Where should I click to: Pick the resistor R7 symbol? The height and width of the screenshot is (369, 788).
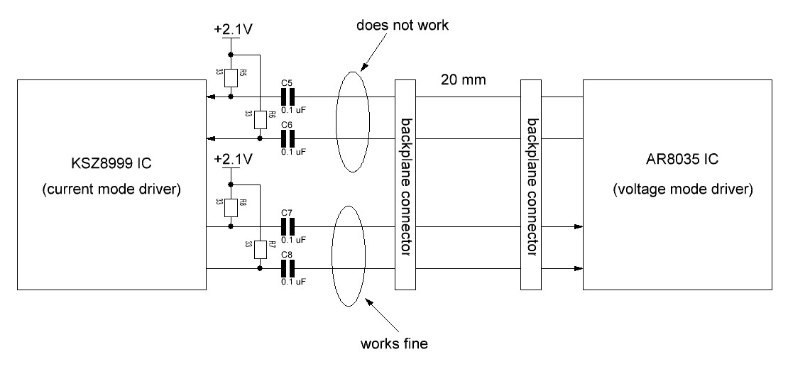coord(261,250)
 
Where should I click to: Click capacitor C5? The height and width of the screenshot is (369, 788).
coord(288,97)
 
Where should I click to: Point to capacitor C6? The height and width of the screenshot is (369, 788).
coord(288,138)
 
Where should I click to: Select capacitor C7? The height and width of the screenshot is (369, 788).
coord(288,227)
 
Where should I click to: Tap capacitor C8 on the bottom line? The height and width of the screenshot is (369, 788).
coord(288,268)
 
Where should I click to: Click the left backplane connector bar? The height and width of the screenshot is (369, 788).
coord(404,184)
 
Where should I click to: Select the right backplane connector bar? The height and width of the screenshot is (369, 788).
coord(531,184)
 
